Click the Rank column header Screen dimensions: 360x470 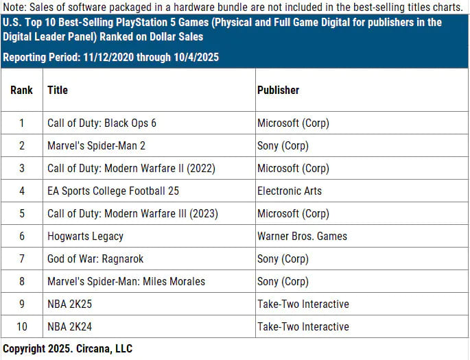(21, 90)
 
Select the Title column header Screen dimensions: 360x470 (58, 90)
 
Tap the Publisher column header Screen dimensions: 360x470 (278, 90)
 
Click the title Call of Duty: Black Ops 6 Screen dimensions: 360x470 (102, 123)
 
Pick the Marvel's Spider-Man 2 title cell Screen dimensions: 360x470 (96, 146)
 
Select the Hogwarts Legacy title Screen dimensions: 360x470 (85, 236)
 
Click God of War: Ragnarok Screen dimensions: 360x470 (95, 259)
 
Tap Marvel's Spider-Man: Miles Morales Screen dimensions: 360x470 (126, 281)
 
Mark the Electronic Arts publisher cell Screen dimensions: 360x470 (289, 191)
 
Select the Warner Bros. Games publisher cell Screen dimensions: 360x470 (302, 236)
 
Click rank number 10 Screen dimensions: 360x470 (21, 326)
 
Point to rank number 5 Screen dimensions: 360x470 (21, 213)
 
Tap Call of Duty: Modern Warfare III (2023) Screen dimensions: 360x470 (132, 213)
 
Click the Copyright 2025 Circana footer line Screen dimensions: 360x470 (67, 349)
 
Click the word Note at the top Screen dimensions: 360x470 (14, 7)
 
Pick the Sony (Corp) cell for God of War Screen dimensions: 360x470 (283, 259)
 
